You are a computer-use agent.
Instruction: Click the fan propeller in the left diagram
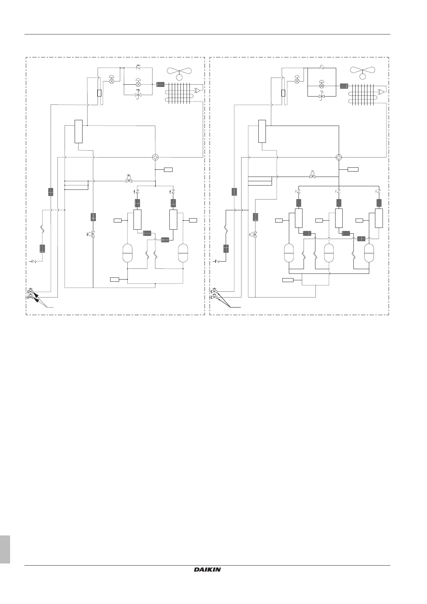pos(179,72)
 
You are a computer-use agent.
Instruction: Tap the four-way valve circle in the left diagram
pos(155,157)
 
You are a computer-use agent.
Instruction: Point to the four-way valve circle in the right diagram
pos(339,157)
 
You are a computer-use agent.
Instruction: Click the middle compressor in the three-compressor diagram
pos(329,253)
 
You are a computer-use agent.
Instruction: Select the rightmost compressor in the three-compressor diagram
pos(369,253)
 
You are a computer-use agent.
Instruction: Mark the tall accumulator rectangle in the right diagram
pos(262,131)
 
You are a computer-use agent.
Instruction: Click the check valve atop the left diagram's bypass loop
pos(138,67)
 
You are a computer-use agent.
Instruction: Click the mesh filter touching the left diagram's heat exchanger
pos(160,85)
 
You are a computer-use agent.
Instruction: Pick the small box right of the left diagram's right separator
pos(193,220)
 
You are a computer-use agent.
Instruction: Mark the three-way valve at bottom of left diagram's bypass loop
pos(138,95)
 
